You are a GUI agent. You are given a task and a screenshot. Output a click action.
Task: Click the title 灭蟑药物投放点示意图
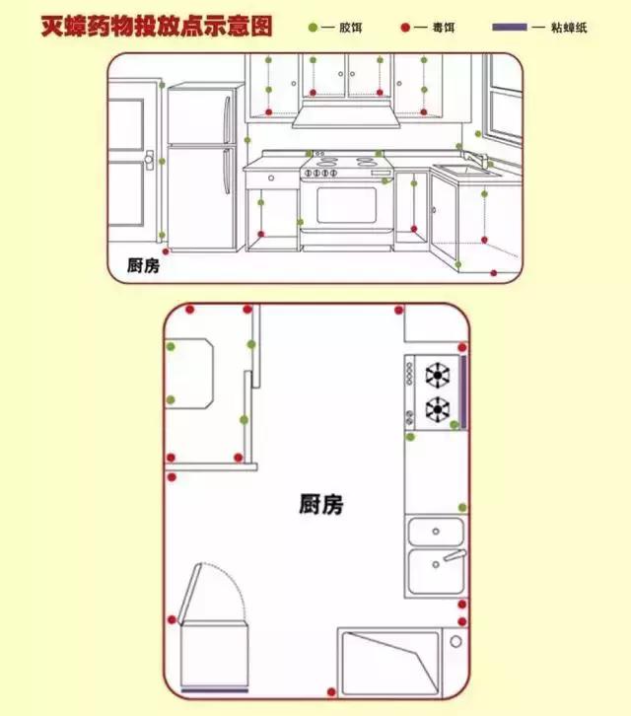click(x=156, y=26)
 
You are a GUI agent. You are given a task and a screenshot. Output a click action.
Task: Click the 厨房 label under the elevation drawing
click(x=144, y=265)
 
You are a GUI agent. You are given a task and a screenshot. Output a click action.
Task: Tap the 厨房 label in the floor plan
click(x=321, y=505)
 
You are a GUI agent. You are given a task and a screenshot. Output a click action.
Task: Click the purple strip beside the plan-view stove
click(x=462, y=390)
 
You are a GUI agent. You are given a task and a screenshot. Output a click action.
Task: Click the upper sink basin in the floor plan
click(x=436, y=532)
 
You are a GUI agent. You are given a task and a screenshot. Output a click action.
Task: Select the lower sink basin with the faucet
click(x=436, y=572)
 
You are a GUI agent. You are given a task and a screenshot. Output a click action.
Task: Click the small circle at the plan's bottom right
click(x=456, y=641)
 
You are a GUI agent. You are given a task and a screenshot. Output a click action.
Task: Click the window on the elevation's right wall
click(x=505, y=99)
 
